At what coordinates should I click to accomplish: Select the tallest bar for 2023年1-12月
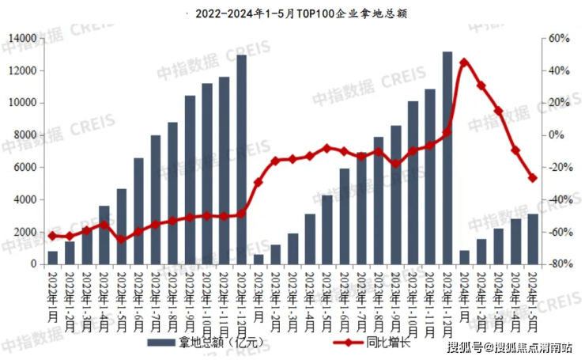447,158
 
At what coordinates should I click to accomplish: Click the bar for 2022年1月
52,258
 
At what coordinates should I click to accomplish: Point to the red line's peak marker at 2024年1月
464,62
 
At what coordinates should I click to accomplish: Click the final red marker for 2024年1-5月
533,178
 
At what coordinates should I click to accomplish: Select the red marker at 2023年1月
259,182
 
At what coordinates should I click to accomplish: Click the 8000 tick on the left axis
26,135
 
